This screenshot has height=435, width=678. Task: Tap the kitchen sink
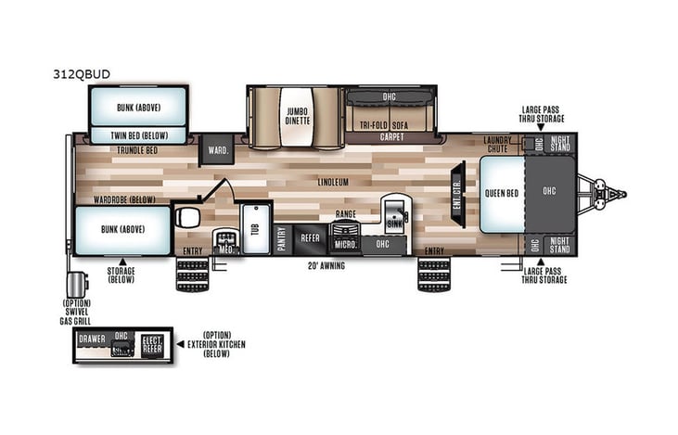(x=393, y=212)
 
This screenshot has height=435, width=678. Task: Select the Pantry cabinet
(x=282, y=238)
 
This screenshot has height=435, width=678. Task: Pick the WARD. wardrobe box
(x=218, y=150)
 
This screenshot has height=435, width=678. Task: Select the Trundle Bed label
(x=137, y=149)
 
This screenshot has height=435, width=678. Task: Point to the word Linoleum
(x=331, y=183)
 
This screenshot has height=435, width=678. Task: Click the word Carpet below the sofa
(x=391, y=137)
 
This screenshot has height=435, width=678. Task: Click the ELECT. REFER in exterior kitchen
(x=151, y=344)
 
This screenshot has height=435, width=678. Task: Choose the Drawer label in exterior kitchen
(x=92, y=339)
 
